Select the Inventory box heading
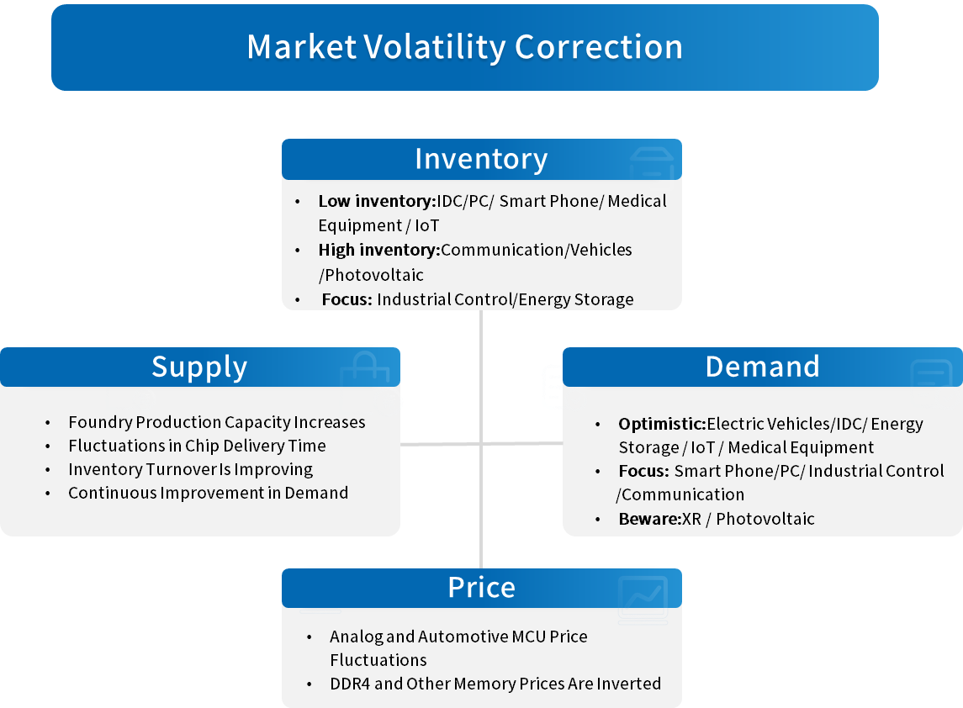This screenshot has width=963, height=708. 481,159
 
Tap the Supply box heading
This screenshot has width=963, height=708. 199,367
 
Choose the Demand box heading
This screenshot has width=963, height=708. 762,367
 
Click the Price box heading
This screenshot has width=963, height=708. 481,588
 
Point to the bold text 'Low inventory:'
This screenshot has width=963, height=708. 377,202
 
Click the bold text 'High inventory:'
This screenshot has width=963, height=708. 379,250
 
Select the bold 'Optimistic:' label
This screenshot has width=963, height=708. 662,424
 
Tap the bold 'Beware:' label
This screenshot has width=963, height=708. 650,519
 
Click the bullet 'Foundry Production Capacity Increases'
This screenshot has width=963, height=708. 217,422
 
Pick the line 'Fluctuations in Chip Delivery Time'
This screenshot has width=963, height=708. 197,446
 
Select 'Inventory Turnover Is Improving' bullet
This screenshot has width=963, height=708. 190,470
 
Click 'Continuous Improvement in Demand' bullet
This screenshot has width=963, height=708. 209,493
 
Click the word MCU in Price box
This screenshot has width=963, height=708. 529,637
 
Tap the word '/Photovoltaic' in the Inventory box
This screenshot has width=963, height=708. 371,275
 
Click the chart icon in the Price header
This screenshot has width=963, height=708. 643,599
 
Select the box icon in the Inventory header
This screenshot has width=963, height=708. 652,163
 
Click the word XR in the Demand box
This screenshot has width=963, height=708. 691,519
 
